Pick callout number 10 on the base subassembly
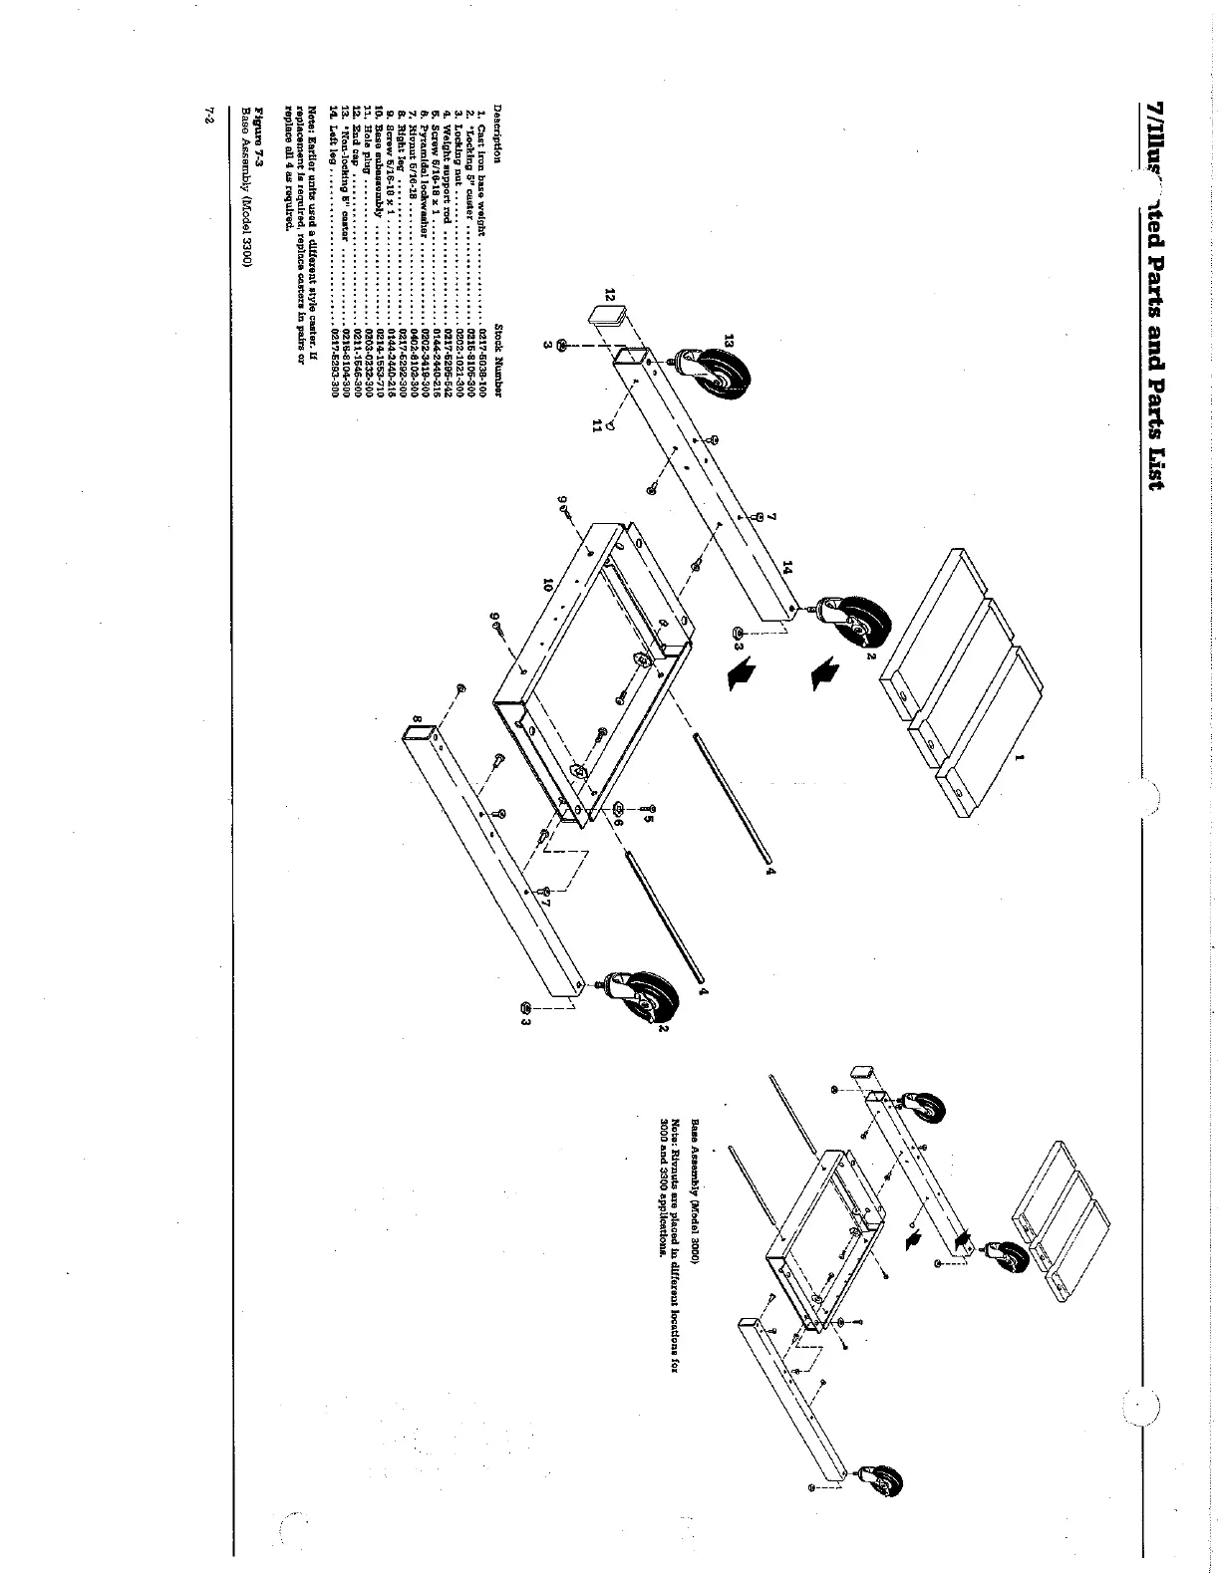pos(547,588)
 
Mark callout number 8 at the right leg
pos(417,719)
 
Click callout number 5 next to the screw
pos(648,820)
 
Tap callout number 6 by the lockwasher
pos(617,823)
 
